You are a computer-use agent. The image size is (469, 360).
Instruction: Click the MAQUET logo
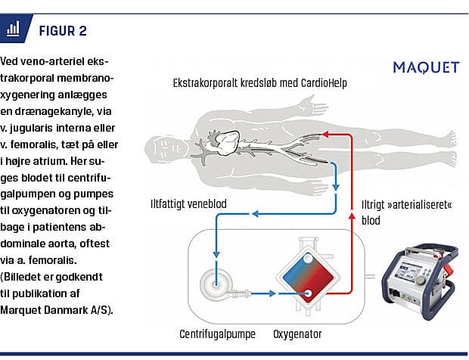[x=425, y=67]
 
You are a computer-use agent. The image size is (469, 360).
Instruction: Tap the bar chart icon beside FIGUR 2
[x=12, y=29]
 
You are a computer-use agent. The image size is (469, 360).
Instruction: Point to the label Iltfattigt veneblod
[x=189, y=203]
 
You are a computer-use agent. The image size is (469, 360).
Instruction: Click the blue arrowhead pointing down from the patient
[x=334, y=189]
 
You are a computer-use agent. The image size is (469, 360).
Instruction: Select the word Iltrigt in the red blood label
[x=371, y=204]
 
